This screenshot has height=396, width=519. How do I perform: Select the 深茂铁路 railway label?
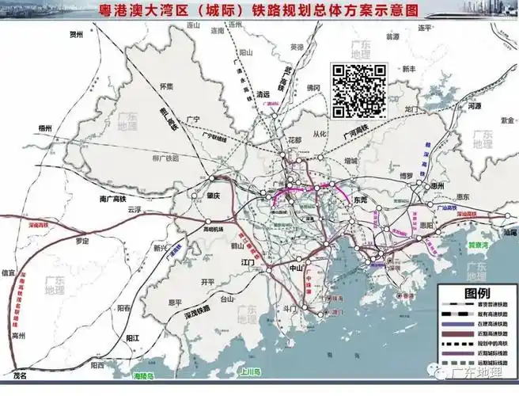192,308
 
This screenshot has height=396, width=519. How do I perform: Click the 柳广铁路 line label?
164,158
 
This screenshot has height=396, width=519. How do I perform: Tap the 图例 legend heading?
476,292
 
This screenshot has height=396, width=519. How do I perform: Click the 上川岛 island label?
252,370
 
